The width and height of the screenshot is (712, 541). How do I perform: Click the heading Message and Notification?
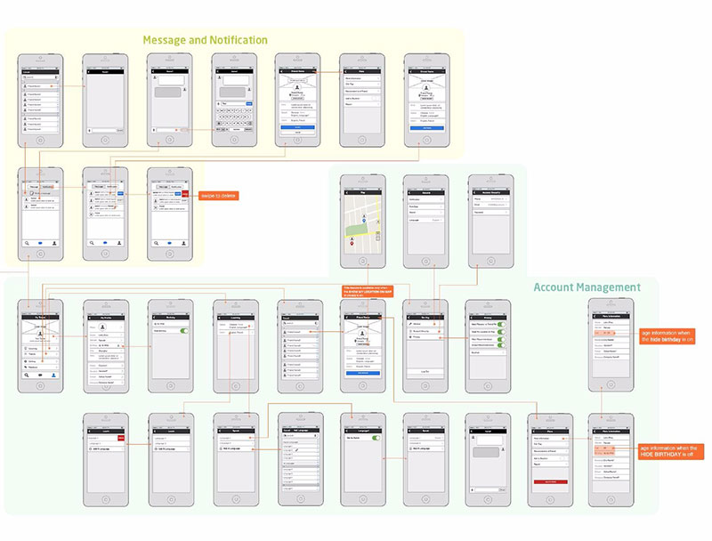pos(205,40)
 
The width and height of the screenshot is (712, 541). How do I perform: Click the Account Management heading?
pos(587,287)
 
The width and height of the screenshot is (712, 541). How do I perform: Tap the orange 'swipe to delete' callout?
pos(218,196)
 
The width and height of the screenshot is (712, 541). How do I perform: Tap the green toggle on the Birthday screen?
pos(184,330)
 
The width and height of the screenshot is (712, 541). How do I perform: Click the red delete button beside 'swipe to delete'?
pos(184,193)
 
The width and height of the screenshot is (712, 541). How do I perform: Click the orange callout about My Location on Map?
pos(363,291)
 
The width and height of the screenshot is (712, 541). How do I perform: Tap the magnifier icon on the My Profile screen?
pos(28,375)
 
